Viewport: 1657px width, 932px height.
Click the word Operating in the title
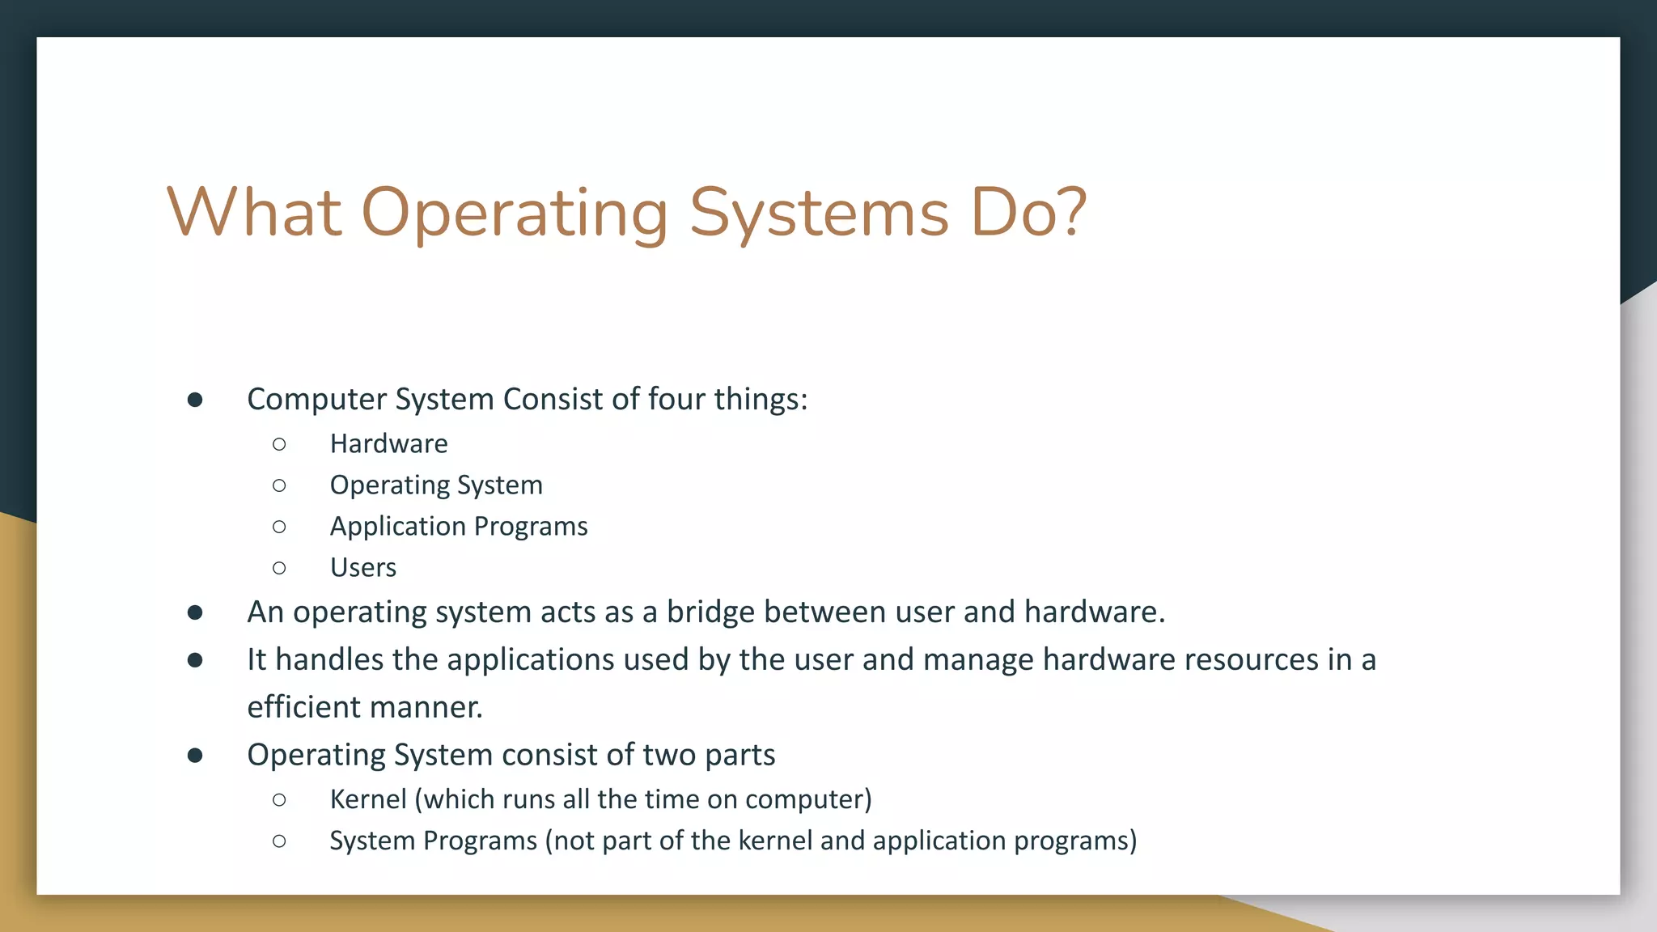point(515,214)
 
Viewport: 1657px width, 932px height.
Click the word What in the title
point(253,212)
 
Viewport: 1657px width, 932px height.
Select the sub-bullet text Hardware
point(388,443)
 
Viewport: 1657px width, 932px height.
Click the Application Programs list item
point(458,526)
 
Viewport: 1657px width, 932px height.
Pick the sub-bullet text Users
point(362,567)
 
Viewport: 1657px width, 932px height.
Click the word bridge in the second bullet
point(710,612)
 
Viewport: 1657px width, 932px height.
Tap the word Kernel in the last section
point(368,799)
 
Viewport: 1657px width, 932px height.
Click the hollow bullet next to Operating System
point(279,485)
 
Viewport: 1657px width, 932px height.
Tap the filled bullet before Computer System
point(195,400)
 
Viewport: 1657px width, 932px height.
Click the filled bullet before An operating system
point(195,612)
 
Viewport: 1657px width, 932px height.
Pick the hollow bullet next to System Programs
point(279,841)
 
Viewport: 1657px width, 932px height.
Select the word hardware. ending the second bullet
point(1095,612)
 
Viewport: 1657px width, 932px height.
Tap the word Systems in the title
point(818,214)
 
